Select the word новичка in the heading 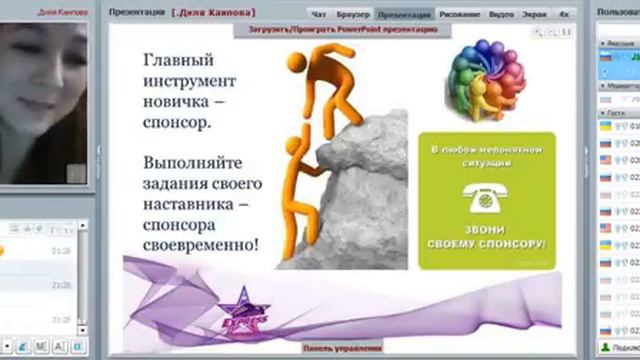(x=176, y=102)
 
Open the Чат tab (x=319, y=15)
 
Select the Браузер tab (x=353, y=15)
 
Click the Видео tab (x=503, y=15)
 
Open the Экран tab (x=535, y=15)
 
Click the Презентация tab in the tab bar (x=405, y=15)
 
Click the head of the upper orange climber (x=296, y=63)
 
